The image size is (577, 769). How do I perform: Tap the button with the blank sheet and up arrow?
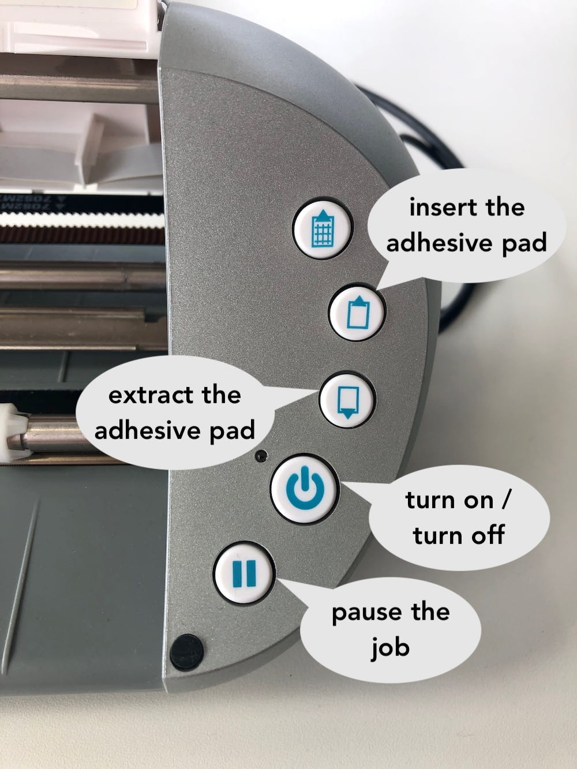[x=357, y=312]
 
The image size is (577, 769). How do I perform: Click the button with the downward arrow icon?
[x=347, y=399]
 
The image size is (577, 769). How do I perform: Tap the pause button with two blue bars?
[x=244, y=573]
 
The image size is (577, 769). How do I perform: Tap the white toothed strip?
[x=82, y=220]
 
